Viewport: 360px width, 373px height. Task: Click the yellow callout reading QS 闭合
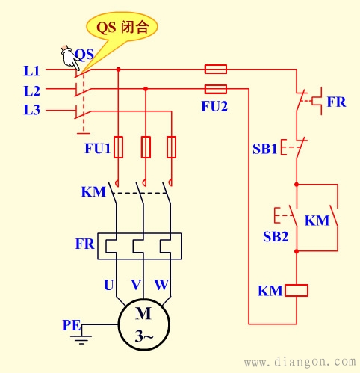[123, 28]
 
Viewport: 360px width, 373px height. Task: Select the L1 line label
[31, 71]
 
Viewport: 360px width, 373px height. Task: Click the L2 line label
[31, 91]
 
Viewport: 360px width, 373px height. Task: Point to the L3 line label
[31, 111]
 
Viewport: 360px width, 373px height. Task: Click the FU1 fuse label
[97, 149]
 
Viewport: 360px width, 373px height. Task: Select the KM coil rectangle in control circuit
[297, 290]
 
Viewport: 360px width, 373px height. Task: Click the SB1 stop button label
[264, 149]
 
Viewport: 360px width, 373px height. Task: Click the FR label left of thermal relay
[84, 245]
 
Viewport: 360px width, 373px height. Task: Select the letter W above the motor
[161, 285]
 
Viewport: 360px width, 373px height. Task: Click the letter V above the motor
[135, 285]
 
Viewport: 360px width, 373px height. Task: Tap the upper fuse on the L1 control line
[216, 70]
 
